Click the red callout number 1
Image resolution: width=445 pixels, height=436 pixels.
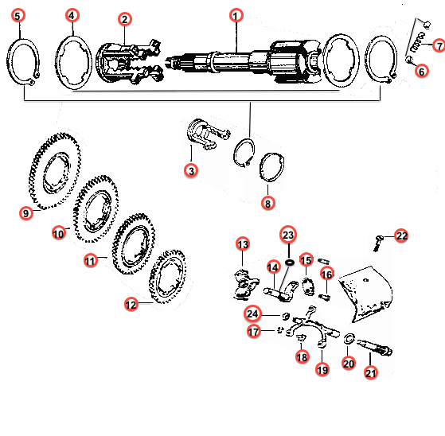[236, 15]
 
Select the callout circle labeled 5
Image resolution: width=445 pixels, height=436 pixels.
[18, 16]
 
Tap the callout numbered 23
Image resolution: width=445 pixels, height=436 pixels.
[288, 235]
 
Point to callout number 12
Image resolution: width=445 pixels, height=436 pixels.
[131, 305]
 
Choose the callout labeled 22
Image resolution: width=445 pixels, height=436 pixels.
[401, 236]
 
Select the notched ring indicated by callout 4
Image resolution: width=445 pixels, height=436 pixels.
[73, 62]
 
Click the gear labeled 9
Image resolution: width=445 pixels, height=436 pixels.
[55, 171]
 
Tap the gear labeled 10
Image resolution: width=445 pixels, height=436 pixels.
[96, 209]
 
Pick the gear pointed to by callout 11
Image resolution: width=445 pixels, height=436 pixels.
[134, 244]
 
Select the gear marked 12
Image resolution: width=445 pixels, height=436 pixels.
[167, 277]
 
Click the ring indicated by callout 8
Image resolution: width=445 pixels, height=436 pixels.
[272, 167]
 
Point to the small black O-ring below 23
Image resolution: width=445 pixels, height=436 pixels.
[290, 263]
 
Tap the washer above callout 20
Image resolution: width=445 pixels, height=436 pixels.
[349, 338]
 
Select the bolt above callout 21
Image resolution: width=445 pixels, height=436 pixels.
[374, 347]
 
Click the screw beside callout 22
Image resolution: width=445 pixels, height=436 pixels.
[378, 243]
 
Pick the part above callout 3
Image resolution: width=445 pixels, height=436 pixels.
[208, 134]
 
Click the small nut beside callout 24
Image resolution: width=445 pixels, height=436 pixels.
[286, 316]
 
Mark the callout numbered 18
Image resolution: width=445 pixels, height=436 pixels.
[302, 357]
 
